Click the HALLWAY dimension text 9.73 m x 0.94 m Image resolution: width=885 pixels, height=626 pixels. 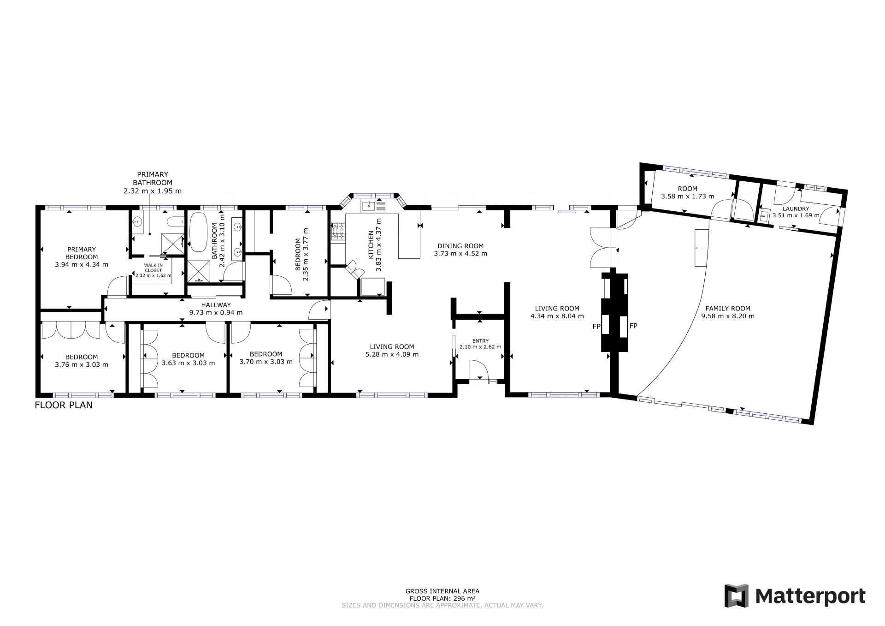(x=216, y=312)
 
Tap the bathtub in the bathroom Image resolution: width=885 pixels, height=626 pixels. (x=199, y=232)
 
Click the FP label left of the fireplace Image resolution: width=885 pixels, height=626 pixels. (x=596, y=327)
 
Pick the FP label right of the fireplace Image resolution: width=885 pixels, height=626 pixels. (x=633, y=326)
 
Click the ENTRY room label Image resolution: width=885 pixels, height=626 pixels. (x=480, y=341)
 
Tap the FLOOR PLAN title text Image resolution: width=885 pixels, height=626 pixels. (x=64, y=405)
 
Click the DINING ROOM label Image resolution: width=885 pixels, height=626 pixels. (x=460, y=246)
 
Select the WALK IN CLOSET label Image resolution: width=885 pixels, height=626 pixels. (x=153, y=268)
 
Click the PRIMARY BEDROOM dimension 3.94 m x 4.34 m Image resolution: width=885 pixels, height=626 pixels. (x=82, y=265)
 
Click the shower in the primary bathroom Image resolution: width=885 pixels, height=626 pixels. (x=171, y=243)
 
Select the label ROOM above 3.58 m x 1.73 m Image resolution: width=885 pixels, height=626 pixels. (x=688, y=189)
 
